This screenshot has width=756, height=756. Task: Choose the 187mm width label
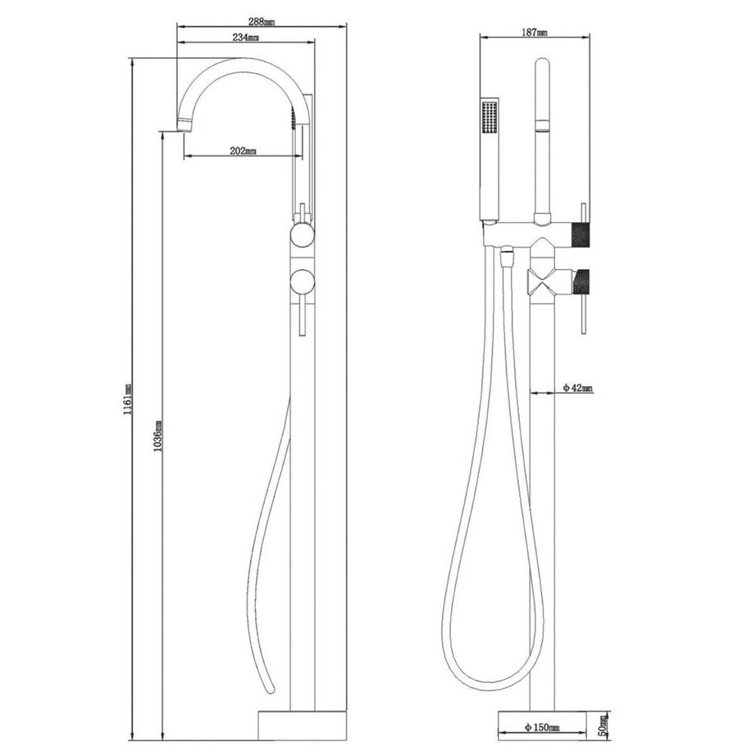(535, 32)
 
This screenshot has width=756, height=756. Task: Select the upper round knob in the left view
(301, 238)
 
